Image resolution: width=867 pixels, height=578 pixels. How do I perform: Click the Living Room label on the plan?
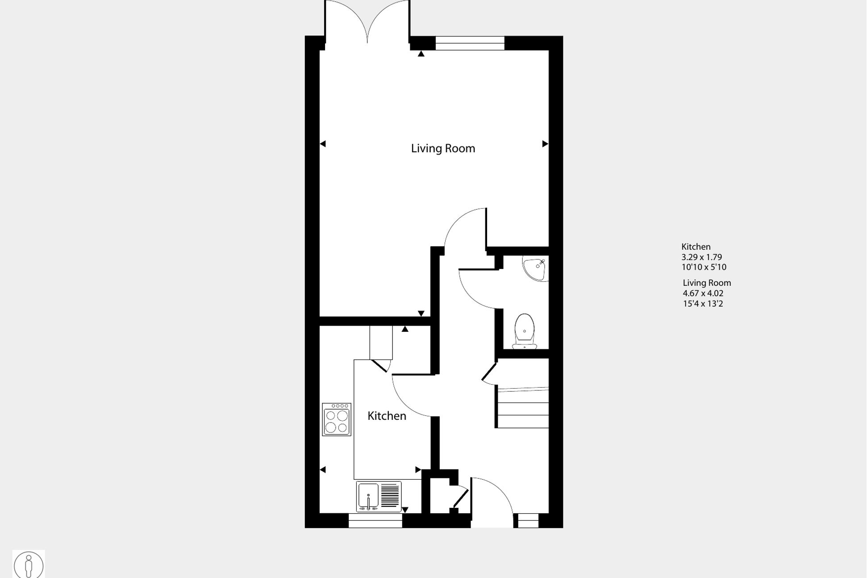pos(443,149)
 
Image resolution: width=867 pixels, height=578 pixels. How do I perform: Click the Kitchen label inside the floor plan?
pos(387,416)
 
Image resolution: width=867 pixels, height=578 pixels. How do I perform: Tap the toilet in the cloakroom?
pos(525,331)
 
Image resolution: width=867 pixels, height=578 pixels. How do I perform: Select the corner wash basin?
pos(536,268)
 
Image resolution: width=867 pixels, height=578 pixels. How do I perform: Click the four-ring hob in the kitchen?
pos(337,419)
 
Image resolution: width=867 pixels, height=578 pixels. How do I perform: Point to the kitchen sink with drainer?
pos(379,496)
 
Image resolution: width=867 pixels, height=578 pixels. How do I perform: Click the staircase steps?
pos(523,408)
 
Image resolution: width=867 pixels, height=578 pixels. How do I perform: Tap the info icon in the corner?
pos(29,565)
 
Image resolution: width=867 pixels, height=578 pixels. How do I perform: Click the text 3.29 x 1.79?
pos(701,257)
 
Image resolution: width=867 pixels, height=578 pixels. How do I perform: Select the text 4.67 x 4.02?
pos(703,293)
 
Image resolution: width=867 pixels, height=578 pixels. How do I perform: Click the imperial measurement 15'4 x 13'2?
pos(703,304)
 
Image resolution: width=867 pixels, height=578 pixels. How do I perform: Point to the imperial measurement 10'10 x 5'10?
pos(704,267)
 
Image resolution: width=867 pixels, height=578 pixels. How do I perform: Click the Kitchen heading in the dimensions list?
pos(696,247)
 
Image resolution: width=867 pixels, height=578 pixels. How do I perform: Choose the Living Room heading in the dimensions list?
pos(707,283)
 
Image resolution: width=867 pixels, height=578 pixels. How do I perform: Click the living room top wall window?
pos(470,43)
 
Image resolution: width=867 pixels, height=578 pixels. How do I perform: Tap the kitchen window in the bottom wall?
pos(375,521)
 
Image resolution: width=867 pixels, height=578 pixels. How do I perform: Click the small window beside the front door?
pos(528,521)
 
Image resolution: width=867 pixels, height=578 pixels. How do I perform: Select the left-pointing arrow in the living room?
pos(323,144)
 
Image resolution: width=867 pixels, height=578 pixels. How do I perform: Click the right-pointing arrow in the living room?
pos(545,144)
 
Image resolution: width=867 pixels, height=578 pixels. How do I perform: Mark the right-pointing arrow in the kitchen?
pos(418,469)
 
